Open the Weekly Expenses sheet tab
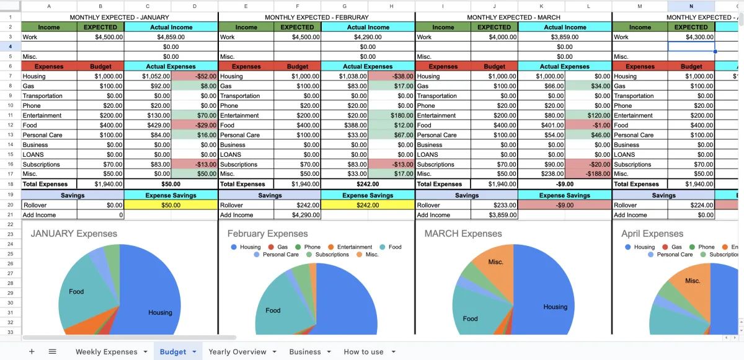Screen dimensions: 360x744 [x=106, y=351]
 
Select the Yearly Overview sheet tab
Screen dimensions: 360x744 [x=237, y=351]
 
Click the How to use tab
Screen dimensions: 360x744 [x=363, y=351]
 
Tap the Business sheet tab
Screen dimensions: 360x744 [x=304, y=351]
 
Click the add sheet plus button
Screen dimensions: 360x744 [x=32, y=351]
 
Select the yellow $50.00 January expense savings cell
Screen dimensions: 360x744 [x=170, y=205]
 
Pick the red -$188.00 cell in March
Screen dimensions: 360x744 [x=588, y=174]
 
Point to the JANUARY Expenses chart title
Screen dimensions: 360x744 [x=74, y=234]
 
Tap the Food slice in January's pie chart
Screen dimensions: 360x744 [x=77, y=291]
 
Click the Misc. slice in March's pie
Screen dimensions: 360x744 [x=495, y=262]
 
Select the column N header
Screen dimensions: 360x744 [x=691, y=6]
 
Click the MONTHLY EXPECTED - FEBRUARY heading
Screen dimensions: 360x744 [x=316, y=17]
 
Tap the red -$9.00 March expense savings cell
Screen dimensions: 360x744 [x=564, y=205]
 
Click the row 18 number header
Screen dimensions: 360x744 [x=11, y=184]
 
